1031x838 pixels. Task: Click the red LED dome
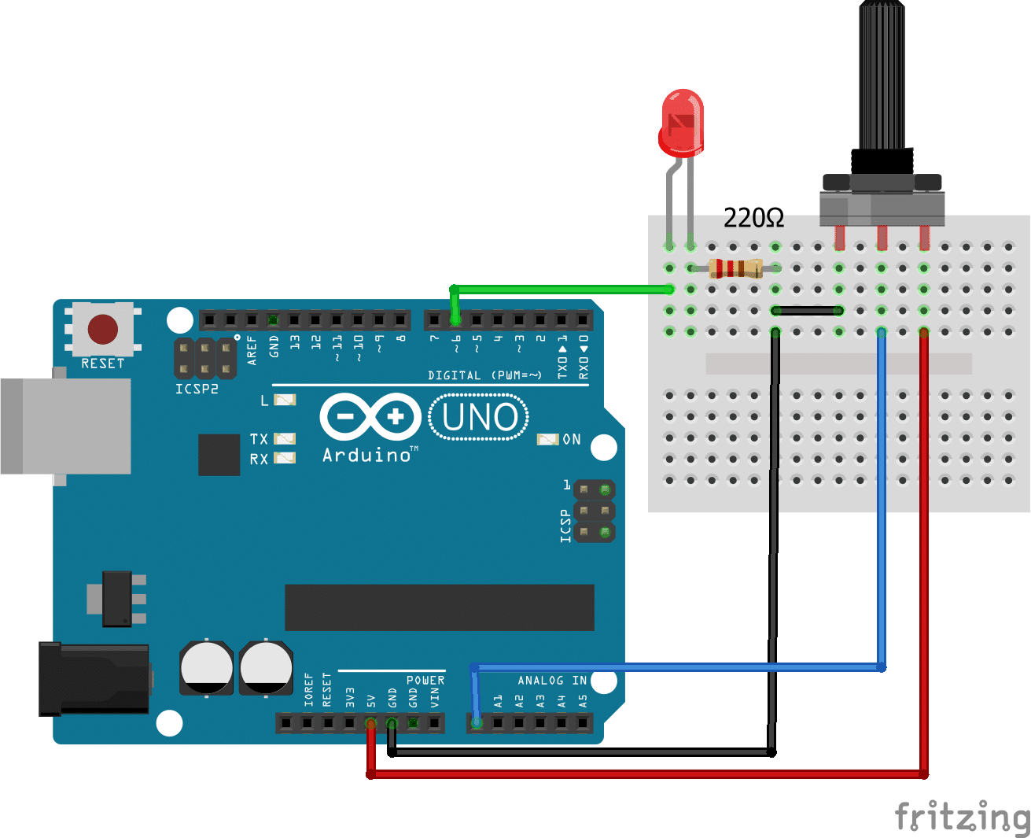(682, 122)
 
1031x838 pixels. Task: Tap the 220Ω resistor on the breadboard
(735, 268)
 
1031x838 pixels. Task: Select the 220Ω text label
(753, 218)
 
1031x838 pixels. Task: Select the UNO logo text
(479, 417)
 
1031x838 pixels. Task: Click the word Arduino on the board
(366, 455)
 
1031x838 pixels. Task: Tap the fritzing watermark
(961, 816)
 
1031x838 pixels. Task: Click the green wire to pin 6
(562, 290)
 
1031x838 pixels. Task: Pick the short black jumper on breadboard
(808, 311)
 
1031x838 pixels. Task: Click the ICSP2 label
(197, 389)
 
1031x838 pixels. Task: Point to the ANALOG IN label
(552, 681)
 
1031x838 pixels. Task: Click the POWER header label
(425, 680)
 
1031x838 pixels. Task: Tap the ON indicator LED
(547, 439)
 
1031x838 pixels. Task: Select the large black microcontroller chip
(439, 607)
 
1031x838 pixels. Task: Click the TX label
(259, 439)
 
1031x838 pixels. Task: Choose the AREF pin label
(252, 350)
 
